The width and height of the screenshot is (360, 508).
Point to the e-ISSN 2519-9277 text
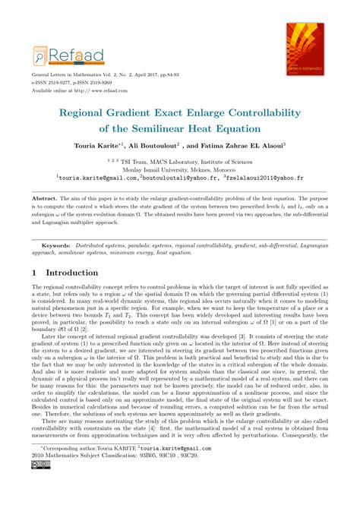(x=60, y=84)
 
